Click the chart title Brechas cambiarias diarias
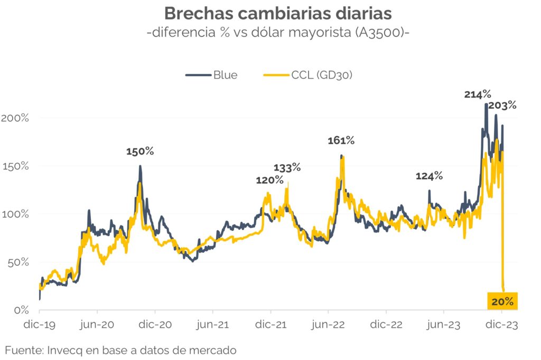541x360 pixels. click(x=270, y=14)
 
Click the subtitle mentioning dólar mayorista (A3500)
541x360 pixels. click(x=270, y=33)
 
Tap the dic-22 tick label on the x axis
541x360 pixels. click(x=386, y=326)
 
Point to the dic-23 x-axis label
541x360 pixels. click(x=502, y=326)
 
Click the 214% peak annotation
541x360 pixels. click(x=478, y=94)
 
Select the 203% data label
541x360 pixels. click(x=502, y=106)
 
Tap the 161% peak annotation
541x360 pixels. click(x=341, y=140)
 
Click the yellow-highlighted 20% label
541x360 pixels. click(x=502, y=301)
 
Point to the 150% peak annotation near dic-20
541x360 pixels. click(x=140, y=151)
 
